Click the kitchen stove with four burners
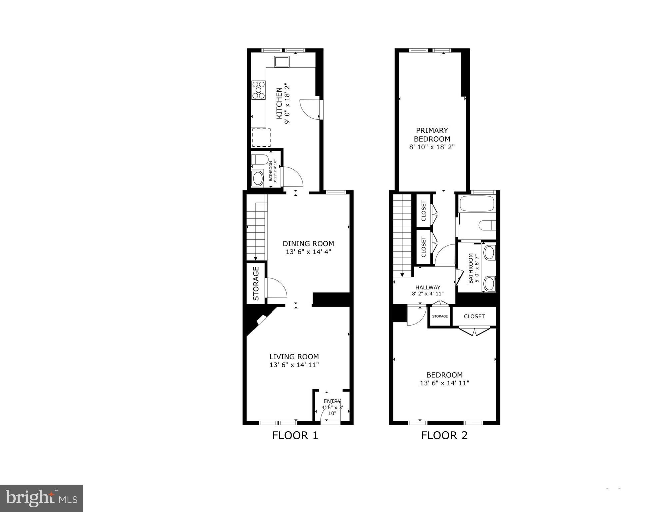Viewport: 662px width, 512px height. [259, 90]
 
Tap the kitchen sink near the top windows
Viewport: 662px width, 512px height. [282, 62]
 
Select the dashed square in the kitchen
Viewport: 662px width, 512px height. [261, 137]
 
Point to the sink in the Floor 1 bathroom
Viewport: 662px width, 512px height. [258, 178]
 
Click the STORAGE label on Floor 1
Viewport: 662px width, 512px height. [256, 284]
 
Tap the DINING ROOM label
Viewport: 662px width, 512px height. [308, 244]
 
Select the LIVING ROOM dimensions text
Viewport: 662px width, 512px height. [294, 365]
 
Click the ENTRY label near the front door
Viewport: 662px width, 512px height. [332, 401]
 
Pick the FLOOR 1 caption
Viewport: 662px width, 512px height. [295, 436]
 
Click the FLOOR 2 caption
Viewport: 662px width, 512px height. [444, 436]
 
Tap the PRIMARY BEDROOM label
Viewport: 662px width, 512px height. [432, 135]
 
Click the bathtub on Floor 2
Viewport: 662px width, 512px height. [476, 203]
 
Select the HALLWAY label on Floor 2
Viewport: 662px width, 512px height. [428, 288]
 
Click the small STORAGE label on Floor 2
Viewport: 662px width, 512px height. [440, 316]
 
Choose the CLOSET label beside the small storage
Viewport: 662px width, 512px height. [474, 316]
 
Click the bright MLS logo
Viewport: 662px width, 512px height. [41, 498]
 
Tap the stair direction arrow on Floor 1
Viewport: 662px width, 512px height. [255, 258]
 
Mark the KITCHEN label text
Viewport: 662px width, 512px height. [279, 103]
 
